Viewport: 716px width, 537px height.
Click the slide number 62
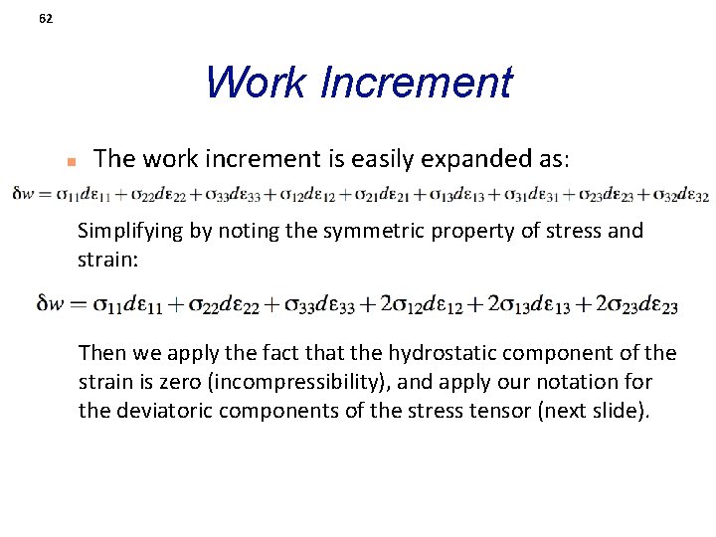[46, 18]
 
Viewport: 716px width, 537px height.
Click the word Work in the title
[257, 83]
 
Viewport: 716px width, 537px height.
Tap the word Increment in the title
[417, 83]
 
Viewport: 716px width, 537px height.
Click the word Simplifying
[127, 231]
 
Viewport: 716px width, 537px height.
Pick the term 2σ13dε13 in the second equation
[530, 304]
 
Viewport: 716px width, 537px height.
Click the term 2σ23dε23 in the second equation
[636, 304]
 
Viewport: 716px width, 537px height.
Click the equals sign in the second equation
[79, 303]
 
